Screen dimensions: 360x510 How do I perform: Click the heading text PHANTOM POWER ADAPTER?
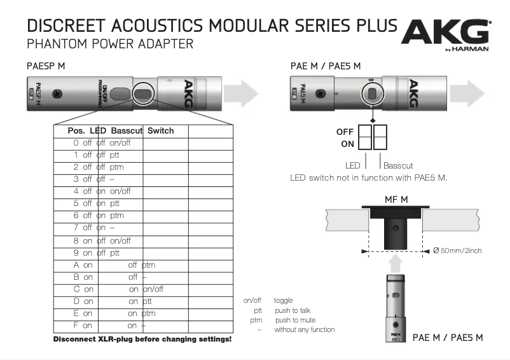click(x=109, y=45)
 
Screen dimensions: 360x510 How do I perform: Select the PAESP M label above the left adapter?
click(x=46, y=66)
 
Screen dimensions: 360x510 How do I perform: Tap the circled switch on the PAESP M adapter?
click(x=144, y=93)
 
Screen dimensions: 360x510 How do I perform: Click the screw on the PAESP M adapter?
click(x=57, y=93)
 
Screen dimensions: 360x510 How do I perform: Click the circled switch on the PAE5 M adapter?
click(x=371, y=93)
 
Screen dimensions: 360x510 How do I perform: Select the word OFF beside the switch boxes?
click(x=345, y=132)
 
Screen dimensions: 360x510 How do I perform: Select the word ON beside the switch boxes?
click(x=347, y=144)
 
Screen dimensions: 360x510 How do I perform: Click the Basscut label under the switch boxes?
click(x=398, y=165)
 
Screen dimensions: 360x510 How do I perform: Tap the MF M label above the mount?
click(x=396, y=200)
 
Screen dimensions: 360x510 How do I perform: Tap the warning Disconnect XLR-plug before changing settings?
click(x=142, y=340)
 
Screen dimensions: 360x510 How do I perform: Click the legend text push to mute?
click(x=294, y=320)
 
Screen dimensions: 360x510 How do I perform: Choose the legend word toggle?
click(x=283, y=300)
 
